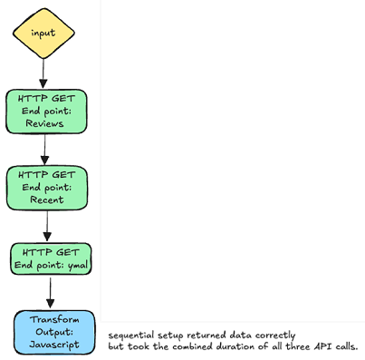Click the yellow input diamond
pos(43,33)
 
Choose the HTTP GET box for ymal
pos(51,258)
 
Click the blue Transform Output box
pos(53,332)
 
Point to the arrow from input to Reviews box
pos(43,74)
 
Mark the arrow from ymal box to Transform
pos(50,292)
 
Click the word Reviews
pos(43,123)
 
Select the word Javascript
pos(54,345)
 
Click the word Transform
pos(54,320)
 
